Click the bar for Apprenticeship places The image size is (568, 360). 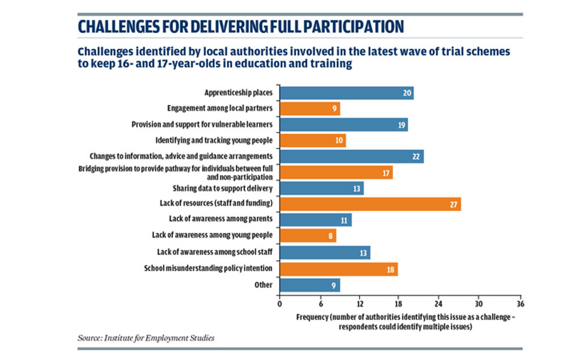click(347, 93)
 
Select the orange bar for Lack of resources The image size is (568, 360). click(370, 204)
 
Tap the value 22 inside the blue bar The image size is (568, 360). click(416, 157)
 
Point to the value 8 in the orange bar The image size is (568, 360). click(330, 236)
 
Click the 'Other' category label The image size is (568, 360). click(264, 285)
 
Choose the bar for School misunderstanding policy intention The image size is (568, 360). click(338, 269)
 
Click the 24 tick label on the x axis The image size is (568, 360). click(438, 304)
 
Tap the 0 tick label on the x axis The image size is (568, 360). click(279, 304)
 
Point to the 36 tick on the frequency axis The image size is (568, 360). click(520, 304)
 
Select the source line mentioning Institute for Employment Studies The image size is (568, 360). click(146, 338)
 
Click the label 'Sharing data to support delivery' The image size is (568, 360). click(222, 188)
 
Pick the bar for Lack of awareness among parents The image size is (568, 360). click(316, 220)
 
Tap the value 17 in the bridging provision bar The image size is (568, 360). click(386, 173)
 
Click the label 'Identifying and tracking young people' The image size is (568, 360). click(214, 140)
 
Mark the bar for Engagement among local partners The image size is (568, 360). click(310, 109)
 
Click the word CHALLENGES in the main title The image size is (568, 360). click(118, 27)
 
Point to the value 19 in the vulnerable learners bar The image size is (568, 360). click(401, 125)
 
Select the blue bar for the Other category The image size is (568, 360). click(310, 285)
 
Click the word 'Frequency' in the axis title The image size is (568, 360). click(312, 317)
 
